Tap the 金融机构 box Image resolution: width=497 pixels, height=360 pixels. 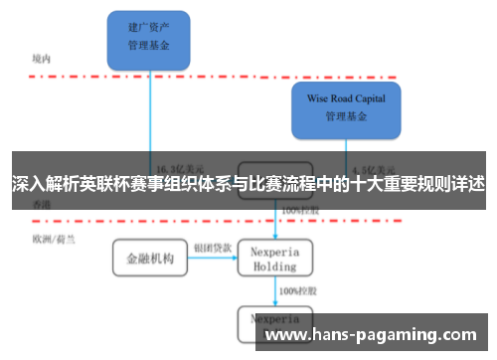tap(149, 258)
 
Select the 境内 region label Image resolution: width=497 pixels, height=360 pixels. tap(42, 59)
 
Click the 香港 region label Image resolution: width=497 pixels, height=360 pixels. tap(42, 203)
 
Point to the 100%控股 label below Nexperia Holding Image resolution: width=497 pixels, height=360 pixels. tap(297, 290)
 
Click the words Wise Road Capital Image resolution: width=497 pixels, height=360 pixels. tap(345, 99)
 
